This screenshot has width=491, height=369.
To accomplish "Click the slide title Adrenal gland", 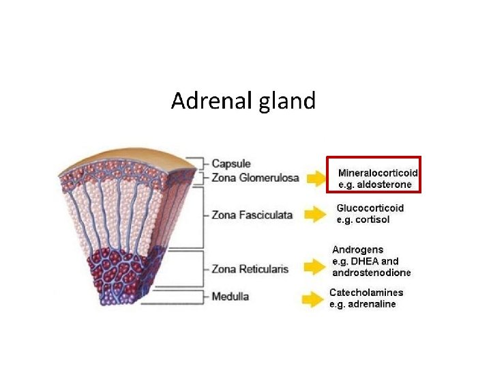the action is coord(243,101).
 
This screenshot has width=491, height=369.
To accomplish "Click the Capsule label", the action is coord(231,164).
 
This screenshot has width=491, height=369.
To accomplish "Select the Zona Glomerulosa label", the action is coord(255,178).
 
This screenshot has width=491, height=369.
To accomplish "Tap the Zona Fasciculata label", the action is coord(252,215).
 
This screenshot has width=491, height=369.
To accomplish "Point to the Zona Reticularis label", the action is coord(252,269).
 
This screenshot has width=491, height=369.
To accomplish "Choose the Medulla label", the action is coord(230,297).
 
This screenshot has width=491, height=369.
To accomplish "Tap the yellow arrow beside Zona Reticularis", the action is coord(314,267).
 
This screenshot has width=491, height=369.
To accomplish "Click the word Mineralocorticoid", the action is coord(378,173).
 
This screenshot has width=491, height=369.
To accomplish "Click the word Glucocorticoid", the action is coord(370,208).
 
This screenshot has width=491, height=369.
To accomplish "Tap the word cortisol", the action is coord(374,219).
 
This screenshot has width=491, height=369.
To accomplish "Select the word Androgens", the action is coord(357,250).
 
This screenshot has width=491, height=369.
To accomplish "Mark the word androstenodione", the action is coord(372,273).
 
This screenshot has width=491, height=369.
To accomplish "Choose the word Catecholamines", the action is coord(366,292).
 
